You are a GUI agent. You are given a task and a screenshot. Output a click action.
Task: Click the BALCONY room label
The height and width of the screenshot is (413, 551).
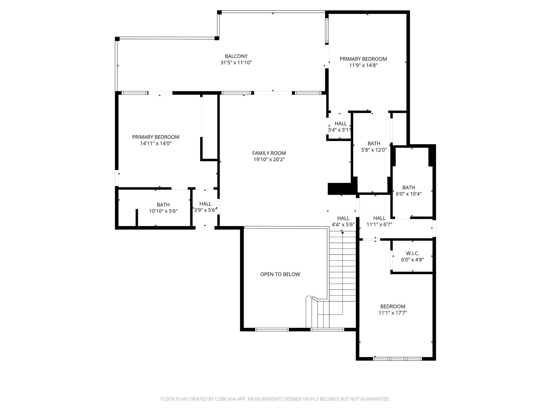236,56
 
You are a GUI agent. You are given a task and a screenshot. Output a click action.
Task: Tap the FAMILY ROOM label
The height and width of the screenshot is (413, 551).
269,153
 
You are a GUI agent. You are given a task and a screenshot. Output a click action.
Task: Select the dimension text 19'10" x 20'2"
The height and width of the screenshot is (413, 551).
269,159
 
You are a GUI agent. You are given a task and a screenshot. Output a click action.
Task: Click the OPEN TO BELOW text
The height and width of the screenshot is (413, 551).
280,274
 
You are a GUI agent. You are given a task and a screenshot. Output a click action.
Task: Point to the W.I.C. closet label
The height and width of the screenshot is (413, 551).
412,253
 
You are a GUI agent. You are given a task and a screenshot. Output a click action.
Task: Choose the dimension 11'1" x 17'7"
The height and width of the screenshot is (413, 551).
393,313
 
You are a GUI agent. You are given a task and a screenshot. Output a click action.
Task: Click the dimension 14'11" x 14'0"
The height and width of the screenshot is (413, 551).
156,143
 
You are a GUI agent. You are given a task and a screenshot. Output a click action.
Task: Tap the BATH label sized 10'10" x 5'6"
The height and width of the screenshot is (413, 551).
163,205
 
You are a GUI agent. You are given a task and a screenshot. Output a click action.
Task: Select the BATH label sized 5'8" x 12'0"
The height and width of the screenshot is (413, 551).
374,143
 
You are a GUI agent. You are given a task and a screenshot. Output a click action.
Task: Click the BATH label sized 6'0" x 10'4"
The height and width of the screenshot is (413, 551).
408,187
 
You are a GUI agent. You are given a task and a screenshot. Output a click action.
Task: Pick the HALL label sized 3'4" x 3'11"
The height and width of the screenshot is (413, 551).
340,123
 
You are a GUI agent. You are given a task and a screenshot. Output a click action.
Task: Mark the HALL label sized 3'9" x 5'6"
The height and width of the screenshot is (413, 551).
205,204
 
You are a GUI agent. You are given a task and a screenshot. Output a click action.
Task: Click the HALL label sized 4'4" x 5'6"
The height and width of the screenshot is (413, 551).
343,218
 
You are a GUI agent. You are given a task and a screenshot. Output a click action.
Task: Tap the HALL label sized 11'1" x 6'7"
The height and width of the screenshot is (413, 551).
379,218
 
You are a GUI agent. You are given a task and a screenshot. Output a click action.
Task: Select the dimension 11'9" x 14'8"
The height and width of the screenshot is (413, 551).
363,65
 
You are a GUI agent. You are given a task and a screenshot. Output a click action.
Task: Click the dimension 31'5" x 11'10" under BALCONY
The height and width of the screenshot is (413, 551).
236,63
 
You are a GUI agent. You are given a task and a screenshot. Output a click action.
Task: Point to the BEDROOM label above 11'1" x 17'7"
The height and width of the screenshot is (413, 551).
393,306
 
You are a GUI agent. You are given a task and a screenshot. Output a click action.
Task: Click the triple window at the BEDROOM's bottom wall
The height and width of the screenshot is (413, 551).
397,358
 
